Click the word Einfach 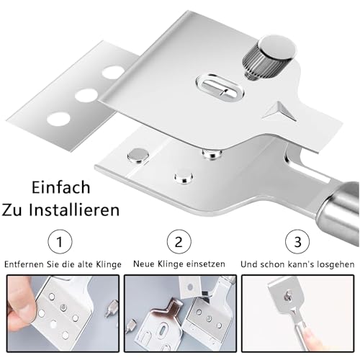coord(61,188)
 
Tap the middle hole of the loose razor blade coord(87,94)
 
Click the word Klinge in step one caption coord(100,264)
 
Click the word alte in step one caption coord(78,264)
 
